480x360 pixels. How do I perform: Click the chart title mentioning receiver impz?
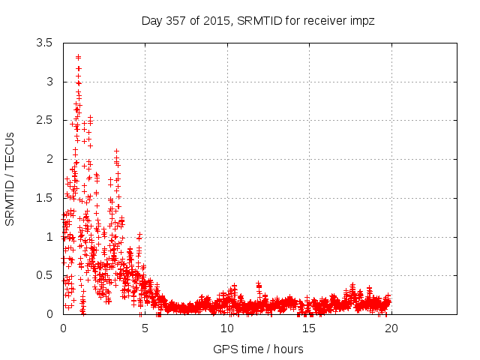tap(258, 21)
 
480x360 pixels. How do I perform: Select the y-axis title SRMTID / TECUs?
tap(10, 178)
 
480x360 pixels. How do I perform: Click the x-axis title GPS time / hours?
tap(258, 349)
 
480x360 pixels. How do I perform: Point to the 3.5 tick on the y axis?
tap(44, 43)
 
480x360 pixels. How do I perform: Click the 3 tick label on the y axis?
tap(49, 81)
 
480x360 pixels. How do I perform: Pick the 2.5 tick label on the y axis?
tap(44, 120)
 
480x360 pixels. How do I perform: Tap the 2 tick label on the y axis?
tap(49, 159)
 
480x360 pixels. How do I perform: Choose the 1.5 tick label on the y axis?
tap(44, 198)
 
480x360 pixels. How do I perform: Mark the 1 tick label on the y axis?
tap(49, 237)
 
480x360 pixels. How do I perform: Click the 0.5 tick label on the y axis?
tap(44, 275)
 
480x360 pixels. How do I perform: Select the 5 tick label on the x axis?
tap(145, 328)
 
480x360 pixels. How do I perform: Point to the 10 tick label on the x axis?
tap(226, 328)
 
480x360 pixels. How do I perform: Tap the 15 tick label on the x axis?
tap(308, 328)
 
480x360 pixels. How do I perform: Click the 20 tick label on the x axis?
tap(390, 328)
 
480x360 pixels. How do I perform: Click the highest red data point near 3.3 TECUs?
tap(78, 57)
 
